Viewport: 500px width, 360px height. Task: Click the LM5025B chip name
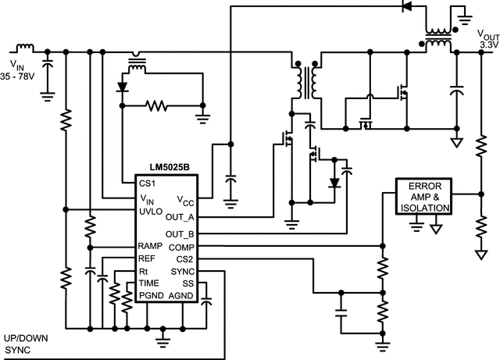tap(168, 169)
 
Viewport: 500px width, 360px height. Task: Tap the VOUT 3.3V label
tap(487, 41)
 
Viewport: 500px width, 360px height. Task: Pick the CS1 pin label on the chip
tap(147, 184)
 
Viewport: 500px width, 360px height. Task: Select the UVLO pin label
tap(152, 211)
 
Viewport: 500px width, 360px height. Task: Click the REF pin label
tap(148, 258)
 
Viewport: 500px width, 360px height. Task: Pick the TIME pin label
tap(150, 282)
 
